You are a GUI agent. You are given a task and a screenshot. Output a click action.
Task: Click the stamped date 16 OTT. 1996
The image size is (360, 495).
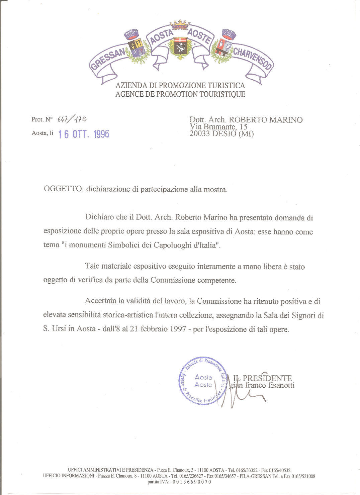tap(84, 134)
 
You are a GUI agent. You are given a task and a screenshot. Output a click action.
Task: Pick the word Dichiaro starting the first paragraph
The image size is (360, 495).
tap(100, 217)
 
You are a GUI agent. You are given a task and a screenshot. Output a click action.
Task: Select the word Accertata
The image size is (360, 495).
tap(101, 301)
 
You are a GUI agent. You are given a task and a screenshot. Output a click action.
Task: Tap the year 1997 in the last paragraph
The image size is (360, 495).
tap(178, 329)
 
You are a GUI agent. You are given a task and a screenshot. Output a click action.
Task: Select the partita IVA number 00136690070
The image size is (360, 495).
tap(192, 482)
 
